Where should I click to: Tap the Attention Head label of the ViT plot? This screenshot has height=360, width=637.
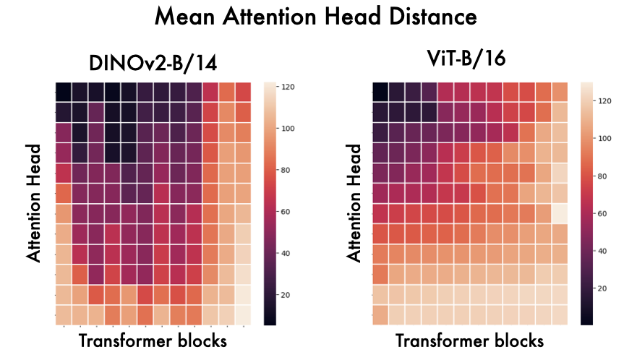[x=354, y=202]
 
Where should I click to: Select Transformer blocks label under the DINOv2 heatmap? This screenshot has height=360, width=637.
[x=152, y=340]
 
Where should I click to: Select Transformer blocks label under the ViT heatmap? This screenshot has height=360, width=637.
[x=470, y=340]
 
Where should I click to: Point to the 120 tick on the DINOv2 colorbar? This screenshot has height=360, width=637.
[x=288, y=86]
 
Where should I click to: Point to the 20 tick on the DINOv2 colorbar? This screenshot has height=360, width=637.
[x=287, y=295]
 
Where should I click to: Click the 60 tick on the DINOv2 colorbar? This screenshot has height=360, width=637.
[x=287, y=212]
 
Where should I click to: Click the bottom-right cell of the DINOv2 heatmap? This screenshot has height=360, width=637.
[x=243, y=314]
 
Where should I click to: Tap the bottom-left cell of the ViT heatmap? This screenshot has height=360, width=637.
[x=380, y=314]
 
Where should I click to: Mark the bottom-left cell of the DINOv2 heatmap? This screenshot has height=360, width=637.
[x=64, y=314]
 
